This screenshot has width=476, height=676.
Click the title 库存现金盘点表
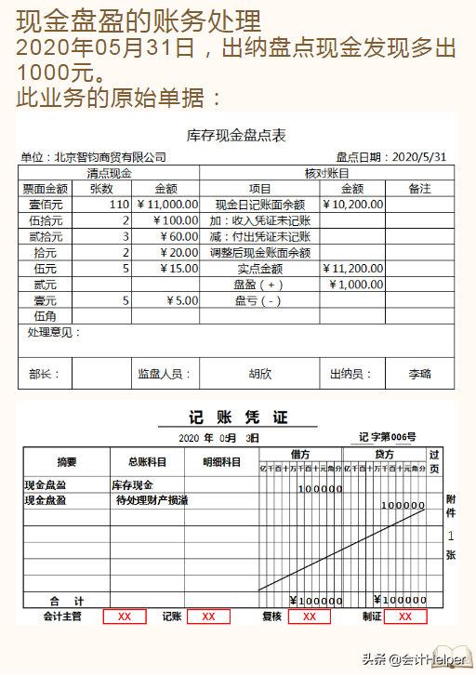[x=236, y=136]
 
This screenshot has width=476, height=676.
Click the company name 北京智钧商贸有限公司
[x=93, y=157]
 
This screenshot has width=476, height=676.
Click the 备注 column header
[x=419, y=189]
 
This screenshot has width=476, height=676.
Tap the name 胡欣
[x=260, y=374]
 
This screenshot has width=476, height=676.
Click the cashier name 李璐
[x=420, y=374]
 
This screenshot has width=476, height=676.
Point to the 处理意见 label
[x=53, y=333]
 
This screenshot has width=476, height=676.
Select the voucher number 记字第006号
[x=388, y=437]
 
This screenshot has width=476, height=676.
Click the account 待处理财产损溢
[x=152, y=500]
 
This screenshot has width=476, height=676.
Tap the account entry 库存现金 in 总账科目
[x=132, y=485]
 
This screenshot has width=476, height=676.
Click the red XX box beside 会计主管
[x=125, y=616]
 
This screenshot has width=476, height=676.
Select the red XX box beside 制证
[x=405, y=616]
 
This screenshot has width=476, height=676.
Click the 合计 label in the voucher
[x=67, y=601]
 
